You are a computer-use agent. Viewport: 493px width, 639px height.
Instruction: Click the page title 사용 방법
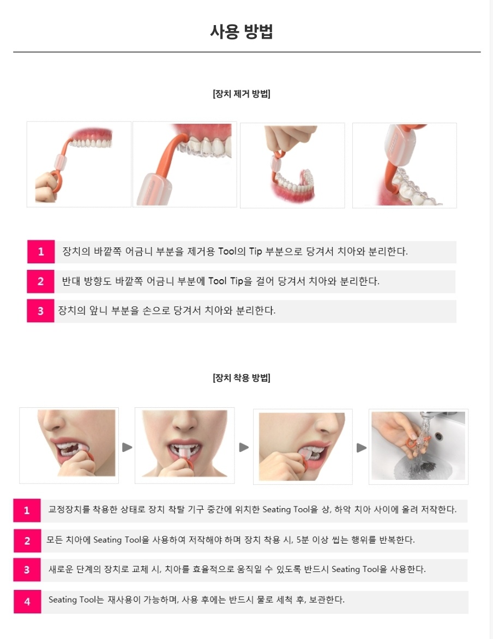(x=242, y=32)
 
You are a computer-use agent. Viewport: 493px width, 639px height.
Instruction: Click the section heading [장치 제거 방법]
(x=242, y=94)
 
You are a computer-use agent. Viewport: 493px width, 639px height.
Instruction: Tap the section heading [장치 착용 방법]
(x=242, y=378)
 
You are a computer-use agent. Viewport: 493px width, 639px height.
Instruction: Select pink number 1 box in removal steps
(x=41, y=251)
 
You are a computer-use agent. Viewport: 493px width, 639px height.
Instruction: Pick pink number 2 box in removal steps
(x=41, y=281)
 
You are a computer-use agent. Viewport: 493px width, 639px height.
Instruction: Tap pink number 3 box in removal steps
(x=41, y=311)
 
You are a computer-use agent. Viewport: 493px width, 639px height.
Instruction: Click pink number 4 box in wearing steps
(x=27, y=601)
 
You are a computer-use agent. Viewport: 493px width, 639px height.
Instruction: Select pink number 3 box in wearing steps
(x=27, y=570)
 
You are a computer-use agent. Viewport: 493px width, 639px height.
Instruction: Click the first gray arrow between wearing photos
(x=127, y=447)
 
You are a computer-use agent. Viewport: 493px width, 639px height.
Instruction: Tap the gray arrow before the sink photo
(x=361, y=448)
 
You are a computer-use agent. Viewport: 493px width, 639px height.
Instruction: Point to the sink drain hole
(x=439, y=437)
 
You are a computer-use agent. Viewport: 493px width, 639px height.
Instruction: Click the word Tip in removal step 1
(x=255, y=251)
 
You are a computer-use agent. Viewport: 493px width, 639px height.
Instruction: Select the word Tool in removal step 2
(x=218, y=281)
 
